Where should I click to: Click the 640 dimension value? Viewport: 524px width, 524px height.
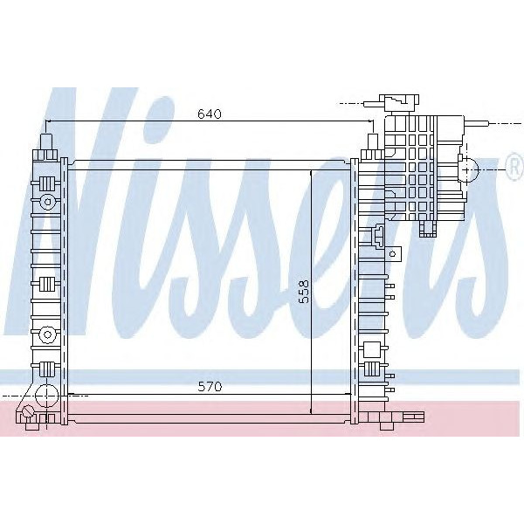pos(209,114)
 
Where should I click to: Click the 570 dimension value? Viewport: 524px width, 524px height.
pos(209,386)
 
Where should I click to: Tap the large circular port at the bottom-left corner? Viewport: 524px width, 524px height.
pos(29,412)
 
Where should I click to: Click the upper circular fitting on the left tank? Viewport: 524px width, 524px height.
pos(46,203)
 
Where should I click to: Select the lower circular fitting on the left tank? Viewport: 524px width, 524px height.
pos(46,333)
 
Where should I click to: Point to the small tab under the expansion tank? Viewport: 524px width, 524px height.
pos(428,229)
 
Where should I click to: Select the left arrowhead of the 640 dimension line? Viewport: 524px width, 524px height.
pos(49,122)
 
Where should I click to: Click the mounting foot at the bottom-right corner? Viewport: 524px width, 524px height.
pos(385,425)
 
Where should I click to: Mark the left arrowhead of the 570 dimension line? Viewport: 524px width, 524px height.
pos(71,395)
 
